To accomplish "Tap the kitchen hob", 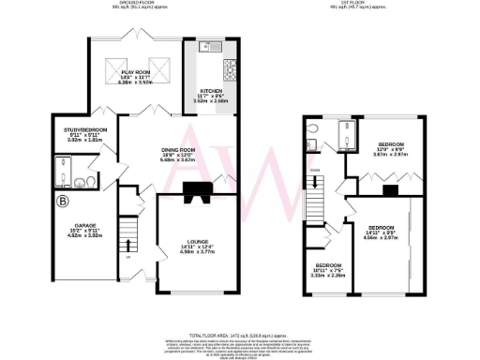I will [228, 68].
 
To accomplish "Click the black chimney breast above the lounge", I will [198, 191].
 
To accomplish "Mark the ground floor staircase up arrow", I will [128, 254].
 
